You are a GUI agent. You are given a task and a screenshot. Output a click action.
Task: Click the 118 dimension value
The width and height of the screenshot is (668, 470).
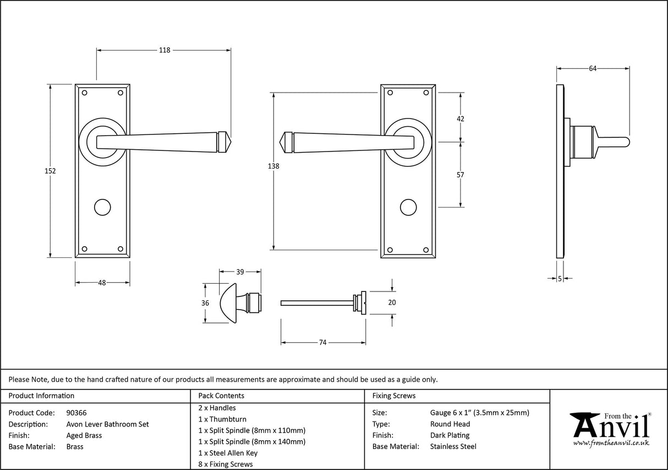(164, 50)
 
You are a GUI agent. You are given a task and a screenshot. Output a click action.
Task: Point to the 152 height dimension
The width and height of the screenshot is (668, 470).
(50, 171)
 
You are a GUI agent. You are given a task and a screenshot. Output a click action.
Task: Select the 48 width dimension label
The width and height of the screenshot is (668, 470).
(102, 283)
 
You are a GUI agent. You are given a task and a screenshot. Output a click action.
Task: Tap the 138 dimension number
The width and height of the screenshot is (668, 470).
(273, 166)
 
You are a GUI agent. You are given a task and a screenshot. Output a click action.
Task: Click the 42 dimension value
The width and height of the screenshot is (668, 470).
(461, 119)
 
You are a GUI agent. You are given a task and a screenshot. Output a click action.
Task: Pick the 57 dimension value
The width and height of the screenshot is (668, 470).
(461, 175)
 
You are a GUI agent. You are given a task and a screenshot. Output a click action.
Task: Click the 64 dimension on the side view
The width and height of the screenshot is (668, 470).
(593, 69)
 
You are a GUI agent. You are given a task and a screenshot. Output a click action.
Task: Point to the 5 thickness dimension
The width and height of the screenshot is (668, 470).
(560, 279)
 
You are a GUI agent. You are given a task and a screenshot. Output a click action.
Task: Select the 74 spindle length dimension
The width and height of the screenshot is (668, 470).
(323, 343)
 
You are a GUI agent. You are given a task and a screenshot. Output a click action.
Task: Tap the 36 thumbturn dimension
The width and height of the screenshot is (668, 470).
(205, 303)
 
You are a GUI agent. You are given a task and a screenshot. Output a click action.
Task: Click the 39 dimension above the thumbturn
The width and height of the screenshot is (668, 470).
(240, 272)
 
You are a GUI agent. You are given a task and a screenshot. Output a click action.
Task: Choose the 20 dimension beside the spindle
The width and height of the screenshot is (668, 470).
(392, 302)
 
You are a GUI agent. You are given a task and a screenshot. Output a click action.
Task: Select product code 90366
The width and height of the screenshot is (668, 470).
(76, 413)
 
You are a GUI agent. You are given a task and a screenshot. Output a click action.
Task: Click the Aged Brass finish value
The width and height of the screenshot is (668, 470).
(84, 435)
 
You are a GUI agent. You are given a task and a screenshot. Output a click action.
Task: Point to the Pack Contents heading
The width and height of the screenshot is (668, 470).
(221, 396)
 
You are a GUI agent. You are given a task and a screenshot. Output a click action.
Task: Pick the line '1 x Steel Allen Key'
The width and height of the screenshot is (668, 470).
(228, 453)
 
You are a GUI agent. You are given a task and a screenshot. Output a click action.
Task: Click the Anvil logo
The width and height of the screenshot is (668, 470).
(610, 429)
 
